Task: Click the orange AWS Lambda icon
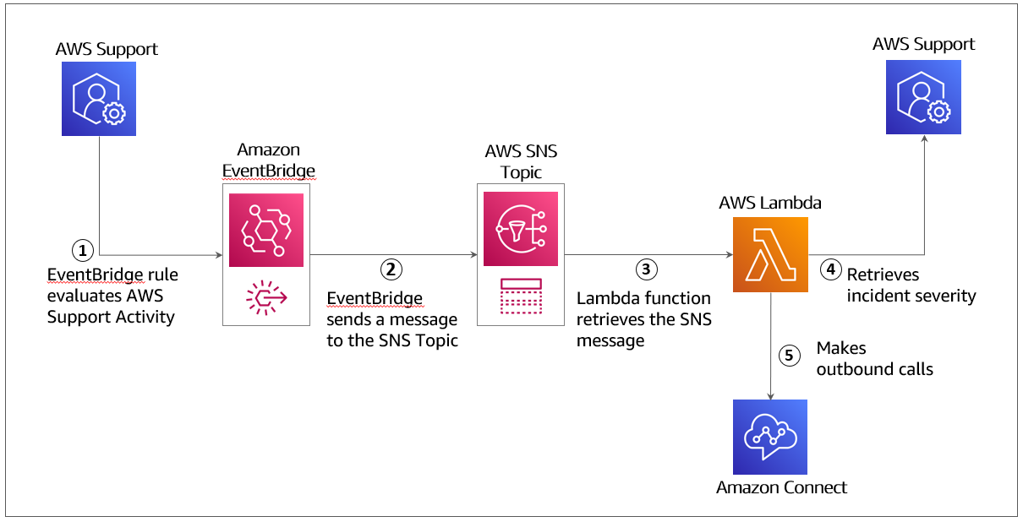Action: click(x=769, y=254)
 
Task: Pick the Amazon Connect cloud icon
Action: click(x=769, y=437)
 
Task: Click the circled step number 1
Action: click(x=82, y=250)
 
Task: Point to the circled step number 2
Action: click(x=390, y=269)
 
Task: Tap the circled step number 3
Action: click(x=646, y=269)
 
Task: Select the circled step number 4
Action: click(x=831, y=269)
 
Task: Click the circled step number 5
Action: click(x=789, y=356)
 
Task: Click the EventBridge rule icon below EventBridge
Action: click(x=265, y=299)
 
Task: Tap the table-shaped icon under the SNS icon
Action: click(x=520, y=296)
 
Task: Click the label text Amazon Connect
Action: click(x=781, y=487)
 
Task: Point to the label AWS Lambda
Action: click(x=769, y=203)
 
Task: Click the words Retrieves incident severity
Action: click(x=911, y=285)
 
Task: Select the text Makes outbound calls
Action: click(x=873, y=358)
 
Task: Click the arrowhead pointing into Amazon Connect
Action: click(x=770, y=395)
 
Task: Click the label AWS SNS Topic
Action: click(x=521, y=162)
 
